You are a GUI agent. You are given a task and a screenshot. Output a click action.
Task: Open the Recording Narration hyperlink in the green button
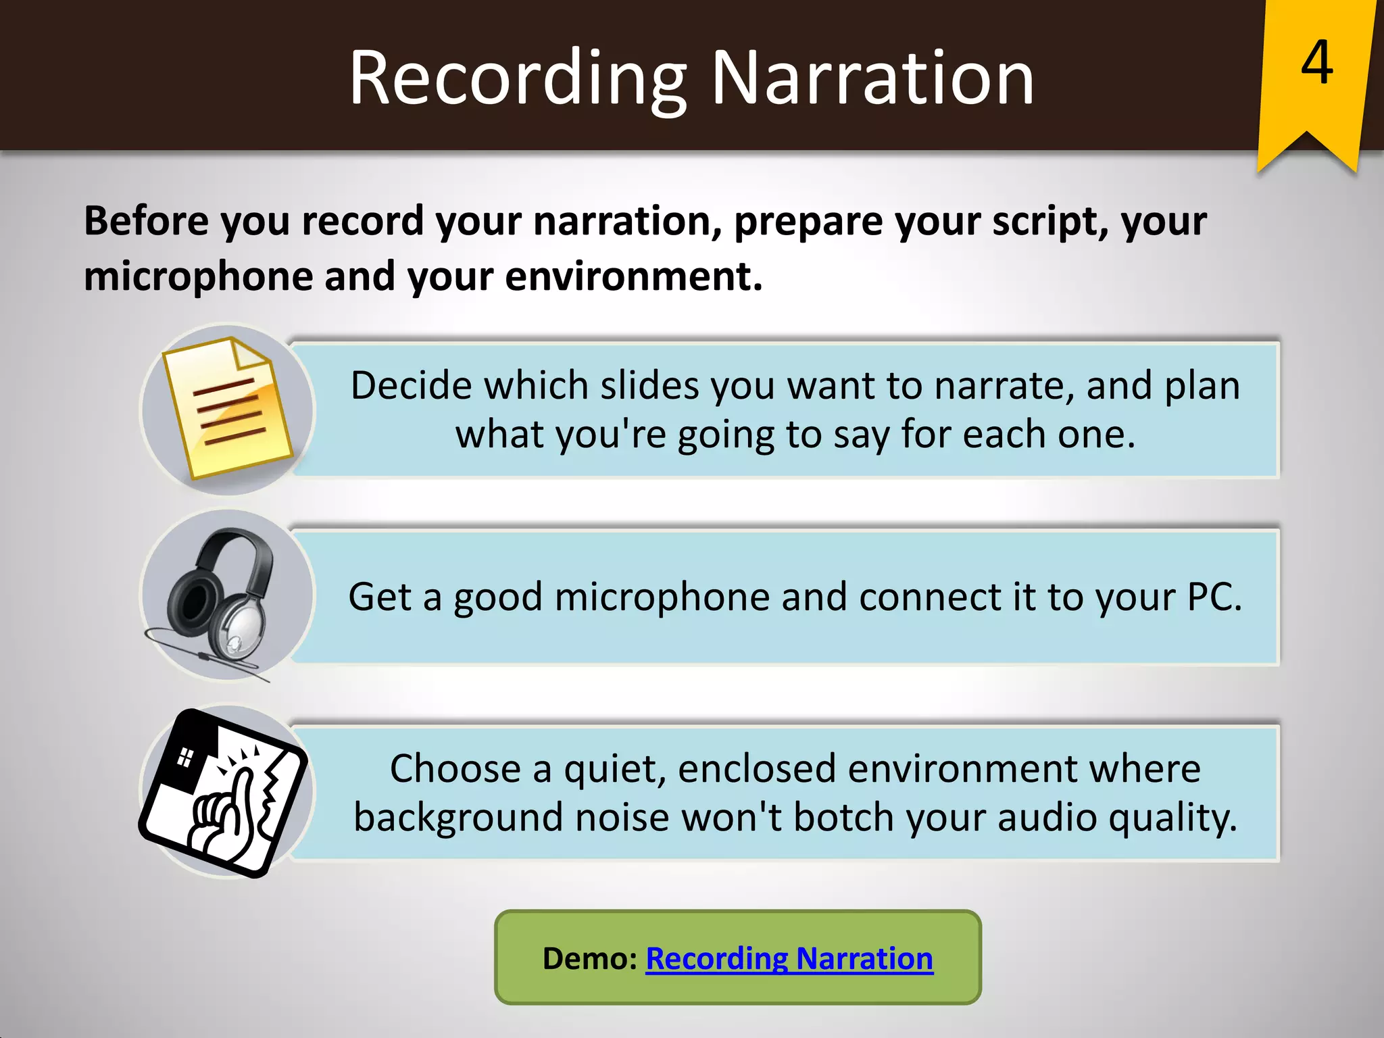coord(789,959)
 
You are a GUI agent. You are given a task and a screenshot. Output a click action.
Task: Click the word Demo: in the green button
coord(590,959)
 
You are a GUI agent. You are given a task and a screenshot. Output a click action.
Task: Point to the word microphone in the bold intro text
coord(197,277)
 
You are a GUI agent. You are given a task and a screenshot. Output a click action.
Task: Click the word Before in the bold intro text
coord(147,221)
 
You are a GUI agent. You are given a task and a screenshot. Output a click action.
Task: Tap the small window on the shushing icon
coord(184,758)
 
